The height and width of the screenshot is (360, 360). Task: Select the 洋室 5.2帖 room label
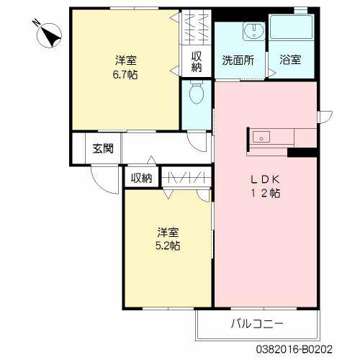click(168, 238)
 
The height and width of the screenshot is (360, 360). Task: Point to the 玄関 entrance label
click(103, 149)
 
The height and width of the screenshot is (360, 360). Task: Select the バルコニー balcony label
click(257, 323)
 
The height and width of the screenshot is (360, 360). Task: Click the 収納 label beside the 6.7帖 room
click(196, 62)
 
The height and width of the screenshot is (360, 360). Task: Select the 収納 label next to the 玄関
click(141, 178)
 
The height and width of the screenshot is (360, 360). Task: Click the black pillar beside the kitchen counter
click(302, 152)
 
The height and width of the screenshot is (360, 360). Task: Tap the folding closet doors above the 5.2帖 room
click(185, 177)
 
